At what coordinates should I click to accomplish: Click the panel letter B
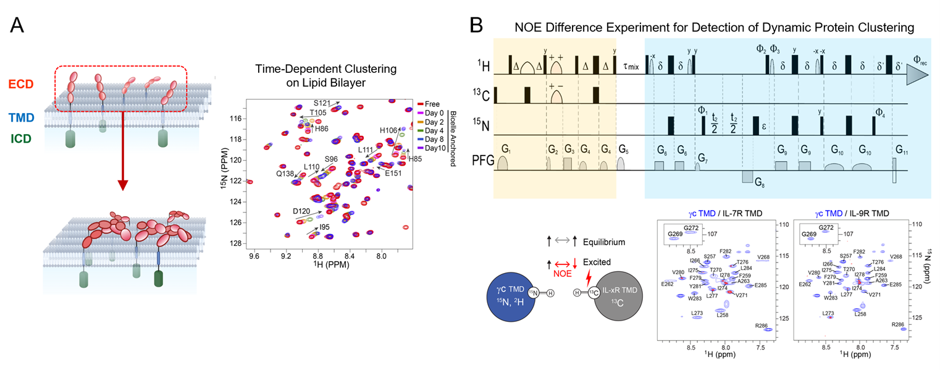(x=476, y=25)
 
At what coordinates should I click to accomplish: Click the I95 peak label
(x=324, y=227)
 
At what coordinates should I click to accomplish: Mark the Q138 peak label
(x=285, y=174)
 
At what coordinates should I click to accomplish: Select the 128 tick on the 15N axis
(x=235, y=243)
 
